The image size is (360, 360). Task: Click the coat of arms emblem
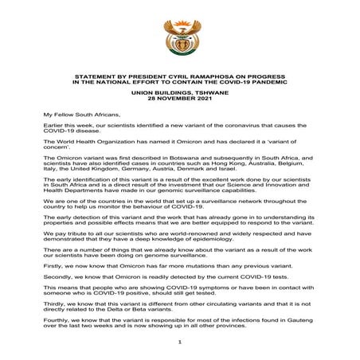click(x=179, y=34)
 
